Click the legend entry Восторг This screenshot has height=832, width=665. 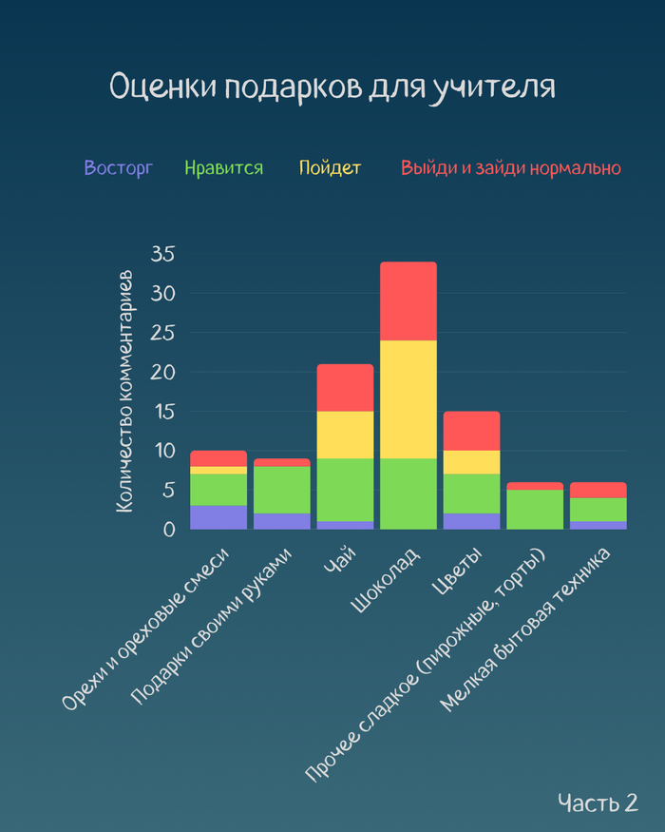click(x=118, y=168)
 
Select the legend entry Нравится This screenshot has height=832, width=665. click(x=224, y=168)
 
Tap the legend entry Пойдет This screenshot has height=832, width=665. click(x=331, y=168)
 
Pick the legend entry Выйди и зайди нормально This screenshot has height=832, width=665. click(x=510, y=168)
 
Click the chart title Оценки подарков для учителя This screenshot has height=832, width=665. click(x=332, y=87)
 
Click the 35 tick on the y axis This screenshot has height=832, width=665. click(x=163, y=254)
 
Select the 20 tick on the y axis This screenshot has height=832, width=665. click(x=163, y=372)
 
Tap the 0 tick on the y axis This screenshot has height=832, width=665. click(x=169, y=529)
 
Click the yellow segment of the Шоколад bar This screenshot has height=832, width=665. click(x=408, y=399)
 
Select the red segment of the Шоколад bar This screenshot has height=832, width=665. click(x=408, y=300)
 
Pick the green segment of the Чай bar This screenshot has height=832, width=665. click(x=345, y=490)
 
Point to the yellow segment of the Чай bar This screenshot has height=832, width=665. click(x=345, y=435)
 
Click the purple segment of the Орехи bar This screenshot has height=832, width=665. click(x=218, y=517)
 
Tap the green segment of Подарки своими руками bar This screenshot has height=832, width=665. click(x=282, y=490)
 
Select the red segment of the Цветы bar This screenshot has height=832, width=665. click(x=471, y=431)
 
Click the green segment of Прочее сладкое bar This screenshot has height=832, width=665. click(x=535, y=509)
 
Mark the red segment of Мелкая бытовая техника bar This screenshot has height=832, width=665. click(x=598, y=490)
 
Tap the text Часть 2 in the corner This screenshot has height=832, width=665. click(x=598, y=802)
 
